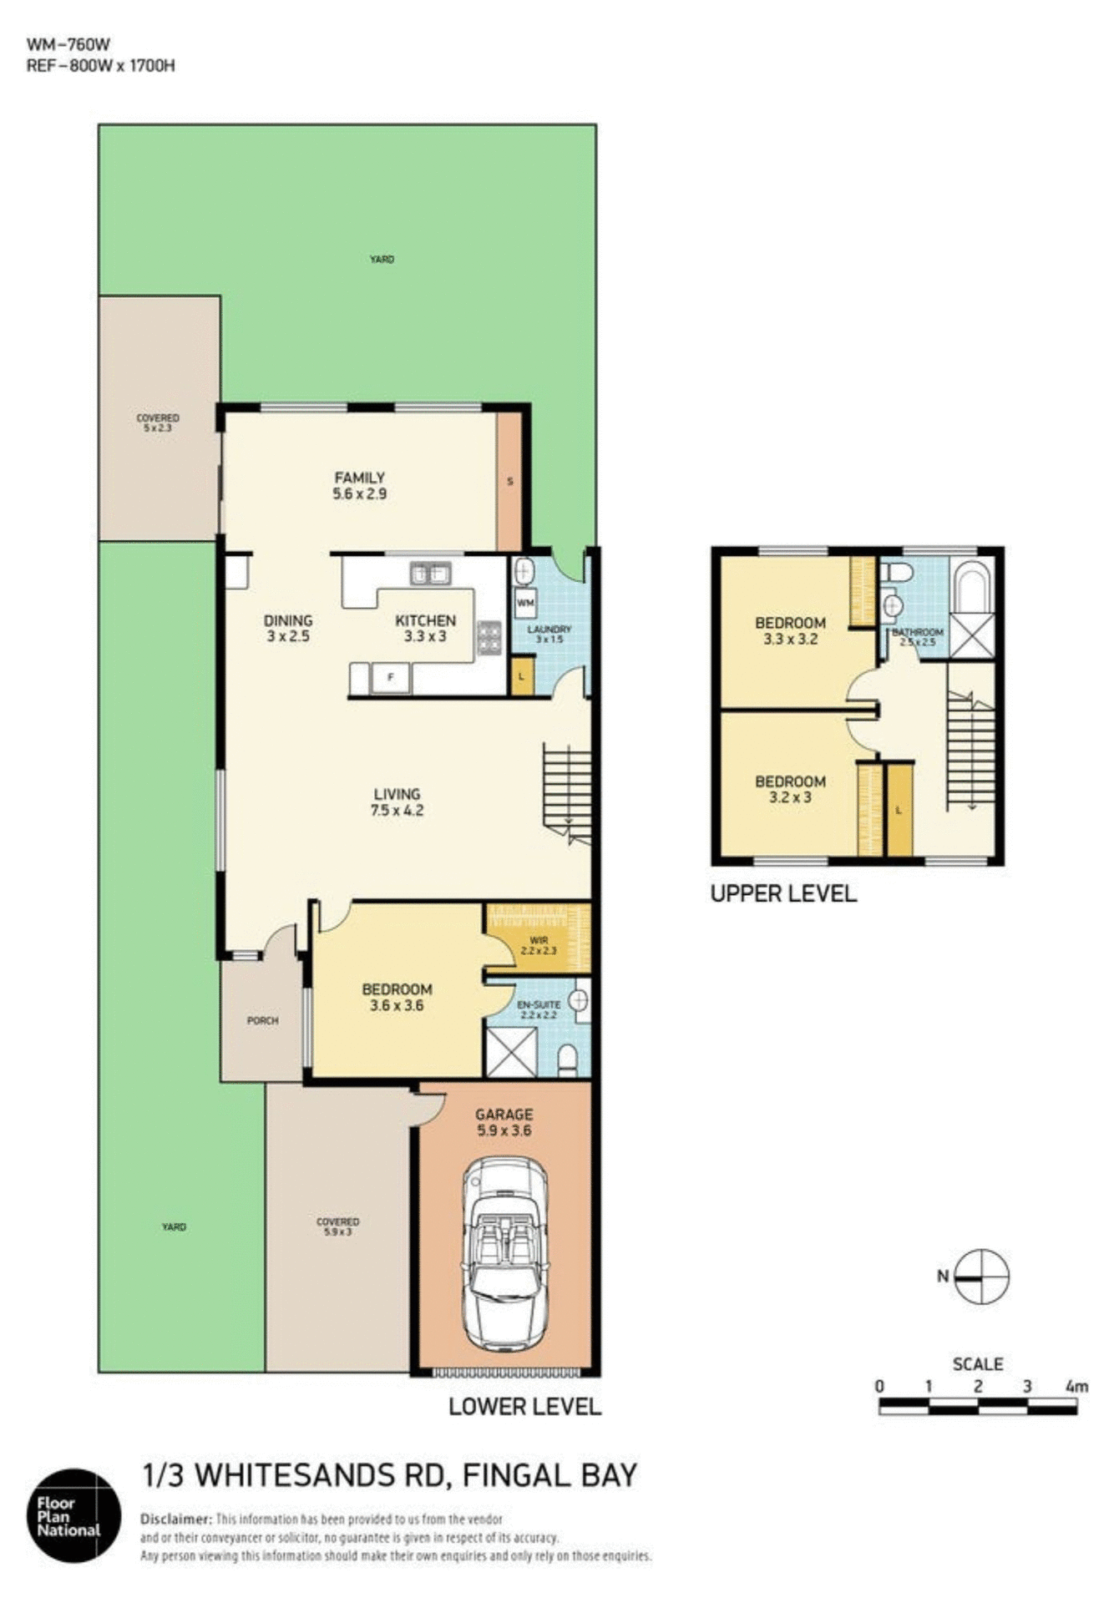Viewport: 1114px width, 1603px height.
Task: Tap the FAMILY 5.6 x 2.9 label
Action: click(359, 485)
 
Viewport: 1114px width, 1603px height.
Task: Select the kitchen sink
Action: click(430, 574)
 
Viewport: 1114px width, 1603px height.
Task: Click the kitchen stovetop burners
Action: click(489, 638)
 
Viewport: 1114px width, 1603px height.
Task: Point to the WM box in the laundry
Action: click(525, 602)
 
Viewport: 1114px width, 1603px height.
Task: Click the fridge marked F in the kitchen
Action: click(391, 678)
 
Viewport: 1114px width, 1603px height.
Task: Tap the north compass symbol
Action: click(982, 1276)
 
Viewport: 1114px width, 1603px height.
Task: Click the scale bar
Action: click(977, 1407)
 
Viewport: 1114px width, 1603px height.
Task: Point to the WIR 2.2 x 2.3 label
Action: click(538, 945)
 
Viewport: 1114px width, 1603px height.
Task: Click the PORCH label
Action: click(262, 1020)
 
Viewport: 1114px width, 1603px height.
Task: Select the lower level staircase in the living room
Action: click(567, 791)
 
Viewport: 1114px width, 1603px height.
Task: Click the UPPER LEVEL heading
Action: click(782, 893)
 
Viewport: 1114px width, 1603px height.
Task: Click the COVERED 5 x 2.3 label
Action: click(158, 422)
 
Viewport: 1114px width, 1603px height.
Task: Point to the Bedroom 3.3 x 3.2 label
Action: click(790, 630)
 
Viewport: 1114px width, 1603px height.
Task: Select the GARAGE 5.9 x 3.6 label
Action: click(504, 1122)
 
